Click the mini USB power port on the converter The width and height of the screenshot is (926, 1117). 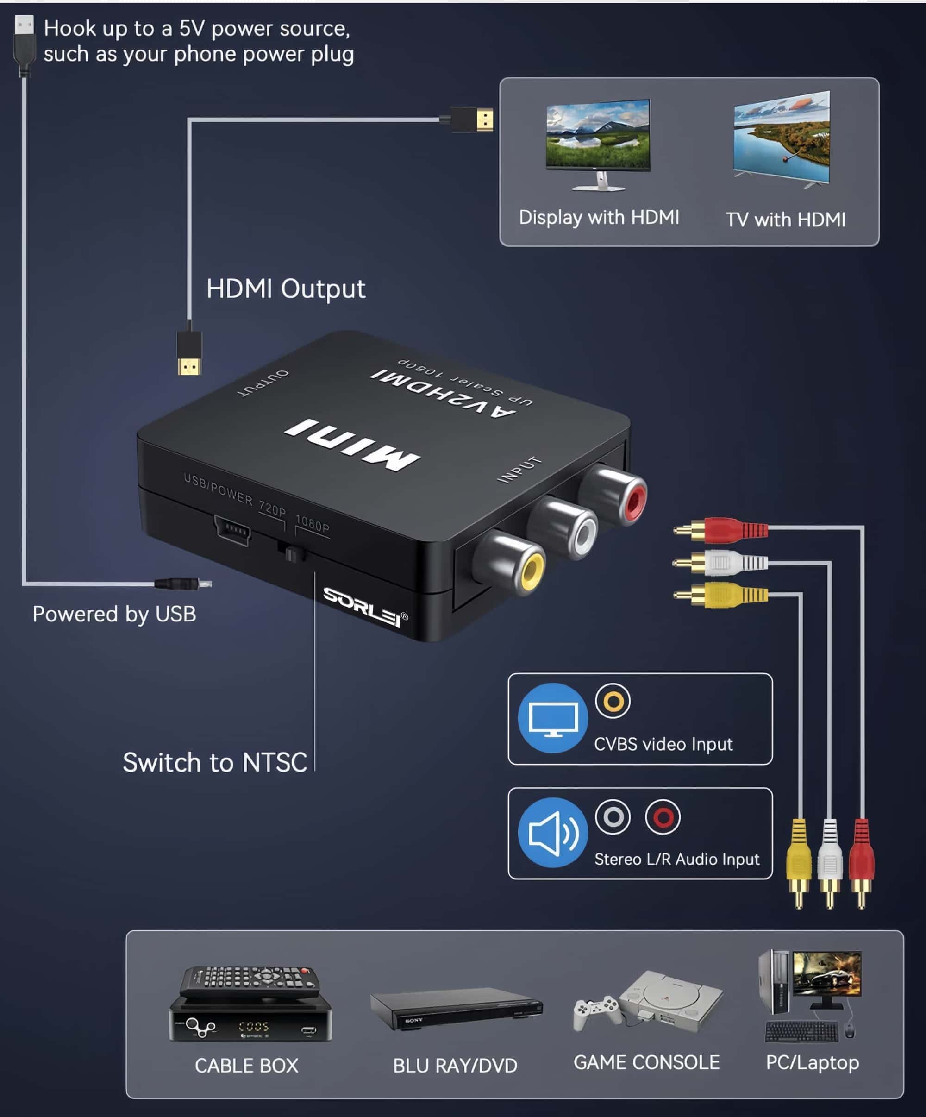(x=232, y=530)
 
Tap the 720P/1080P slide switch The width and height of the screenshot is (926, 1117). (x=291, y=554)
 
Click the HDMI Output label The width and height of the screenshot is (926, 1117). (x=286, y=289)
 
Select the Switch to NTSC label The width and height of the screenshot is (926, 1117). (x=215, y=762)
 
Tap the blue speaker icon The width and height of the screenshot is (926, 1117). (x=553, y=833)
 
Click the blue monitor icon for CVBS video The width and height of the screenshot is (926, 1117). (x=553, y=718)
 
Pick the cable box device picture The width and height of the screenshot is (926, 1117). (x=250, y=1003)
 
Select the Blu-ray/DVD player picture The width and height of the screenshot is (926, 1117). (x=456, y=1008)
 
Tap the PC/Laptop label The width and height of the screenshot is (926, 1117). (x=812, y=1062)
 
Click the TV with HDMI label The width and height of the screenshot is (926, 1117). (x=786, y=219)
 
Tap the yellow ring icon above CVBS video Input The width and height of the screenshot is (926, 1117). (x=613, y=701)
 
